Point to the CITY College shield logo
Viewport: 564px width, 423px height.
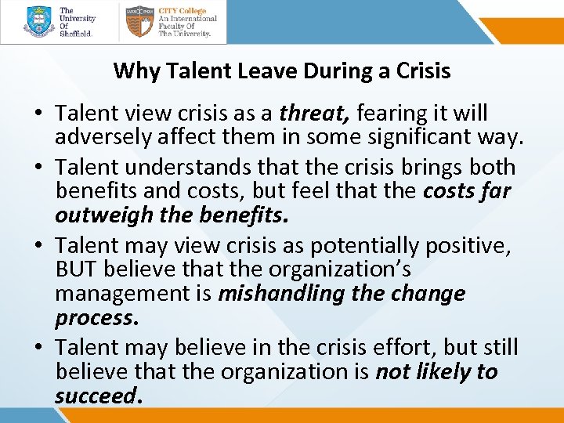coord(139,22)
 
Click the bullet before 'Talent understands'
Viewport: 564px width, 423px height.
coord(38,168)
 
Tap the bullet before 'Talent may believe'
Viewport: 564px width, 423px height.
coord(38,348)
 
